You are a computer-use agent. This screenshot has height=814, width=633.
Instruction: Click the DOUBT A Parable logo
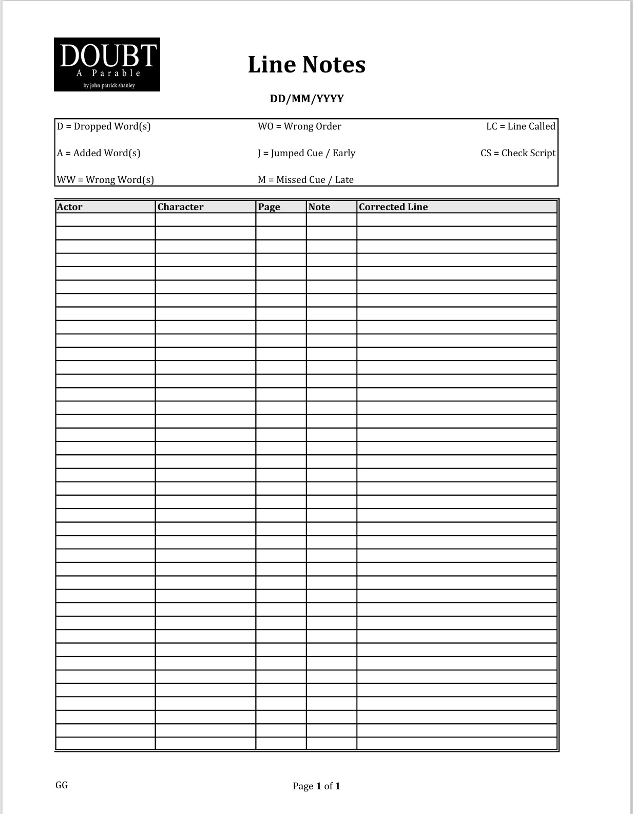[107, 64]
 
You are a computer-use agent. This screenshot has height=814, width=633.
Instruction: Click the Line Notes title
[306, 65]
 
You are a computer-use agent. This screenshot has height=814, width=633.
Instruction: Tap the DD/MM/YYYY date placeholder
[306, 99]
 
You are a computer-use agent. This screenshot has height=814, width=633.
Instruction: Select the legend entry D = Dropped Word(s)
[104, 126]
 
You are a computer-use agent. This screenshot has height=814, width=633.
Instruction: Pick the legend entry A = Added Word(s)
[99, 153]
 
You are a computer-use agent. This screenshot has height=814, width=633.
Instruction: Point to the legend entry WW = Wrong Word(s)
[105, 180]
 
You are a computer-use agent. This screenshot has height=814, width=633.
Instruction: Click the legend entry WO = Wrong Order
[299, 126]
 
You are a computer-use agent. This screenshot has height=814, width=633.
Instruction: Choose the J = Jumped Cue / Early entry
[306, 153]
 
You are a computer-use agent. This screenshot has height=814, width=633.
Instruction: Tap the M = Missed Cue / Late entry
[305, 180]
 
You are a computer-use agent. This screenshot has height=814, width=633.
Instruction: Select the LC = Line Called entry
[521, 126]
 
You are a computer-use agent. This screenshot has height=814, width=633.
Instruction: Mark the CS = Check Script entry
[518, 153]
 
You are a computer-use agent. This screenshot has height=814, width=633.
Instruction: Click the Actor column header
[70, 207]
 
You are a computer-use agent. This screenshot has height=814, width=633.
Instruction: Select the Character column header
[180, 207]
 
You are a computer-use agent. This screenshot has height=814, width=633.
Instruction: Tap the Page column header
[269, 207]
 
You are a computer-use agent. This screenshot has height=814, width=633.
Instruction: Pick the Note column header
[319, 207]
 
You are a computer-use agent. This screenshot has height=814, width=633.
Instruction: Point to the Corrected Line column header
[393, 207]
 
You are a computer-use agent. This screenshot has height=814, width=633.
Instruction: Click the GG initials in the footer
[62, 785]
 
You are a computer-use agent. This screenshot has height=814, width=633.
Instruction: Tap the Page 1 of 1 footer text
[316, 786]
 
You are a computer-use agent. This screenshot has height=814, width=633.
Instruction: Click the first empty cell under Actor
[105, 220]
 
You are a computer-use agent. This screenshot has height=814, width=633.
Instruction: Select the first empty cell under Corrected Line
[456, 220]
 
